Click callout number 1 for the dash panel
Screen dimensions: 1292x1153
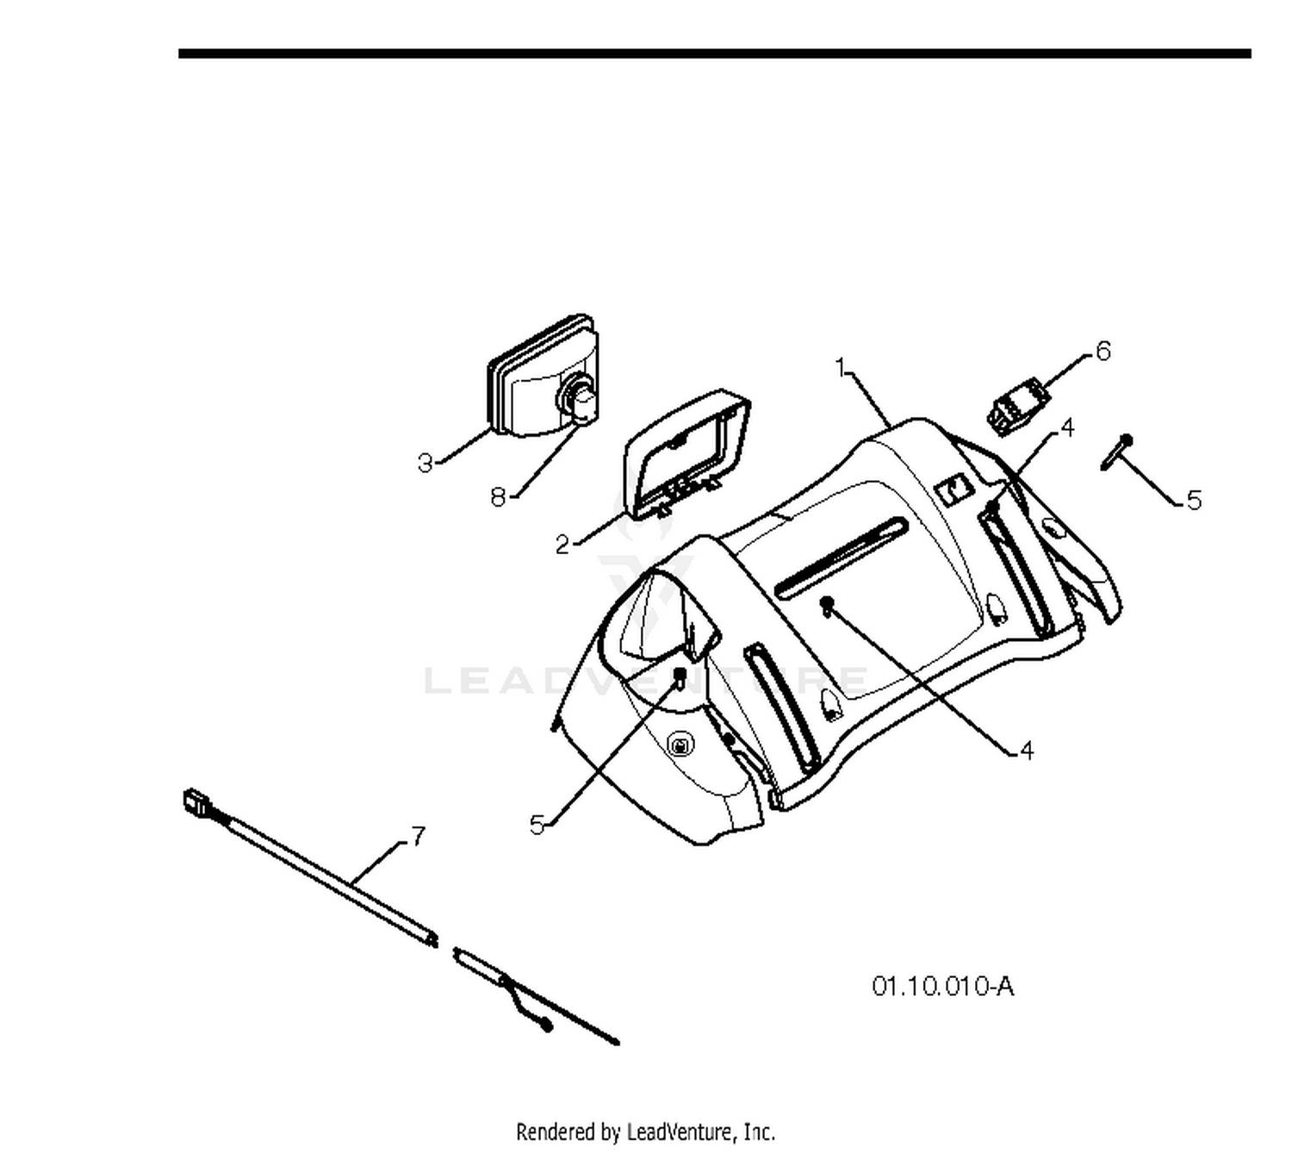pos(841,367)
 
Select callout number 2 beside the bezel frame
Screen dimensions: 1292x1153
pos(562,544)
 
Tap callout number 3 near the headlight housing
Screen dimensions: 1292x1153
pos(425,463)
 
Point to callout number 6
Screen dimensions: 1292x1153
pos(1103,352)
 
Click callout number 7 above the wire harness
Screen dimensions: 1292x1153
pos(417,836)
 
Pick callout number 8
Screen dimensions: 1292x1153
pos(498,496)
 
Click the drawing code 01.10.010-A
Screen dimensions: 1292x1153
pos(942,986)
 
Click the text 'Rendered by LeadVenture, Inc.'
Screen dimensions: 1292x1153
pos(645,1132)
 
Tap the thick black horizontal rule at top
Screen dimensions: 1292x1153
pos(714,53)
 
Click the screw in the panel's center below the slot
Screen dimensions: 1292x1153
pos(827,605)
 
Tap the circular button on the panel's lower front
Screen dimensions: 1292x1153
pos(679,745)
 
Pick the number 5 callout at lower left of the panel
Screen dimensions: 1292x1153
pos(537,825)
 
